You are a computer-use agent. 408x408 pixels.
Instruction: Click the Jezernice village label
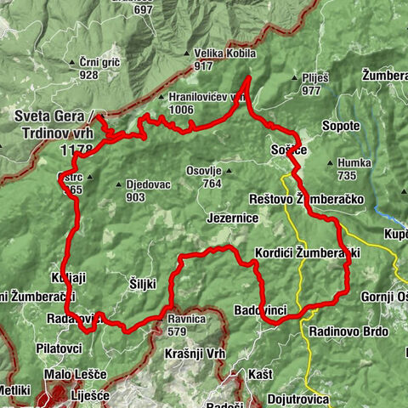(231, 218)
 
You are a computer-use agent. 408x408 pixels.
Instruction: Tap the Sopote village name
(342, 126)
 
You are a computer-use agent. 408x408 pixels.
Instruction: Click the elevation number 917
(202, 65)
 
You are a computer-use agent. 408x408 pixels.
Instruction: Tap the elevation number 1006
(181, 109)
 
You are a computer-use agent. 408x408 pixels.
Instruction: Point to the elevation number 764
(212, 183)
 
